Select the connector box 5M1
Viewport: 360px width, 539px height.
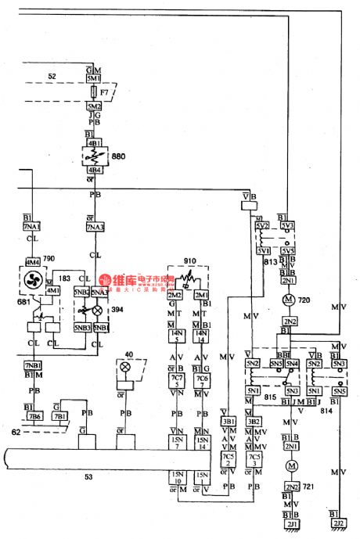tap(93, 79)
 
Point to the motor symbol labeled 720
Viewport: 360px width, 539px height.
tap(287, 300)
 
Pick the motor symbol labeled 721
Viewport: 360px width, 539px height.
tap(290, 466)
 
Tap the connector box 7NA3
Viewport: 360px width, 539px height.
tap(94, 227)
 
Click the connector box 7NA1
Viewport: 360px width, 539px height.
tap(31, 227)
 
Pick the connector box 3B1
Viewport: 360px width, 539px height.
tap(229, 421)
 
